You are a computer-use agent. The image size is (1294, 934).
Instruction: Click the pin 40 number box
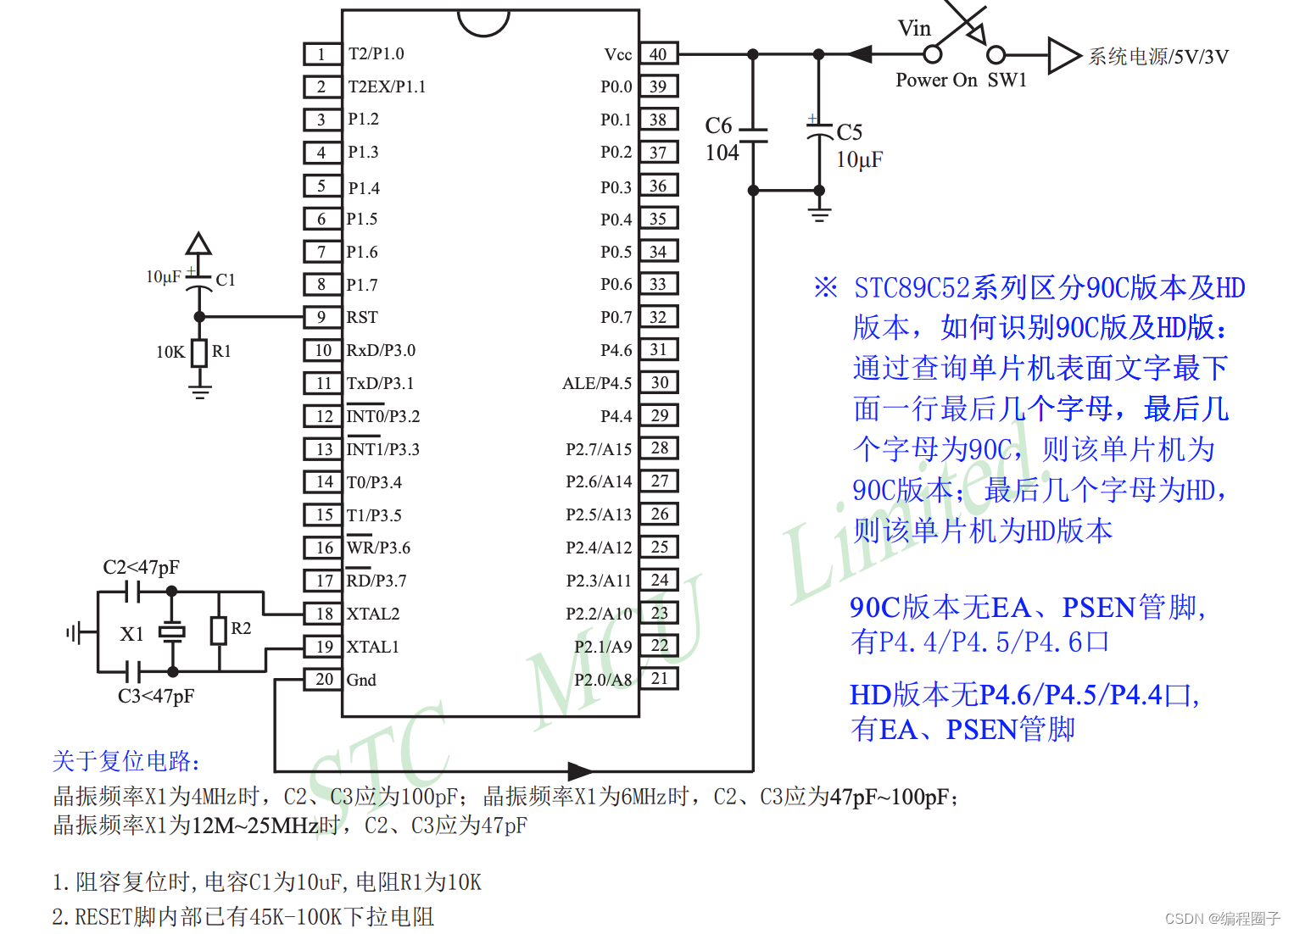[x=658, y=54]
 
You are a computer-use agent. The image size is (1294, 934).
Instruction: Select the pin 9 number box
[x=321, y=317]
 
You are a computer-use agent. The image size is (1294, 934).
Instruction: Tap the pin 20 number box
[x=324, y=679]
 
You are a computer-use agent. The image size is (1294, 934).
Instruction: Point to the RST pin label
[x=362, y=317]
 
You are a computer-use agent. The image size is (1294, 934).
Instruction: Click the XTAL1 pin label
[x=372, y=647]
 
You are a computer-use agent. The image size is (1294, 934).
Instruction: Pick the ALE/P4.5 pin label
[x=597, y=383]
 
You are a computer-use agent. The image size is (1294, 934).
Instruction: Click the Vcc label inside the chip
[x=617, y=54]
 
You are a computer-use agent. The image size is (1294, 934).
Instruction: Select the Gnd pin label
[x=361, y=680]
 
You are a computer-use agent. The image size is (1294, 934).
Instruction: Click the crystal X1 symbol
[x=172, y=631]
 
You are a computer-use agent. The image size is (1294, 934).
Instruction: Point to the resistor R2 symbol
[x=219, y=631]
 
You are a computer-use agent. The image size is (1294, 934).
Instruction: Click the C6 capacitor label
[x=718, y=126]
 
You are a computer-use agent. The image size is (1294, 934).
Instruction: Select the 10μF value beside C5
[x=859, y=160]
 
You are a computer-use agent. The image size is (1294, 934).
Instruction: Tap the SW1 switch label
[x=1007, y=80]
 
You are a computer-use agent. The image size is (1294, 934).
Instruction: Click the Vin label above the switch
[x=914, y=29]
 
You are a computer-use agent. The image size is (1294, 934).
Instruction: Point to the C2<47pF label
[x=141, y=567]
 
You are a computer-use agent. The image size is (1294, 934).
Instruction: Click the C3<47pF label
[x=156, y=696]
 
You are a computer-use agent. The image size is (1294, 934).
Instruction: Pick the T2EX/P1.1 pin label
[x=387, y=86]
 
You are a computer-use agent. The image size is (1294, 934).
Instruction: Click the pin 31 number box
[x=659, y=349]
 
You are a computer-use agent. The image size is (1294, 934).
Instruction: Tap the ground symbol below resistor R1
[x=200, y=391]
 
